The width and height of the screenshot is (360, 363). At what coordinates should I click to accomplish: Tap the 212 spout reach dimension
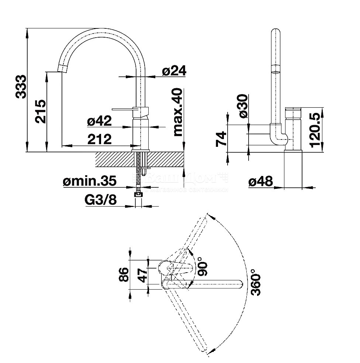pos(99,139)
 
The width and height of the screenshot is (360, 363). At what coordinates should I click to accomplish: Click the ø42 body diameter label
pos(99,121)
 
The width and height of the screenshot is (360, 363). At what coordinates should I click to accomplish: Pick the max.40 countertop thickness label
pos(178,112)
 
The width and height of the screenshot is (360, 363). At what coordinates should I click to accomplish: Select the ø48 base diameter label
pos(260,181)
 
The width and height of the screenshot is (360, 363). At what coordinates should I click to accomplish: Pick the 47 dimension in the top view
pos(143,274)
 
